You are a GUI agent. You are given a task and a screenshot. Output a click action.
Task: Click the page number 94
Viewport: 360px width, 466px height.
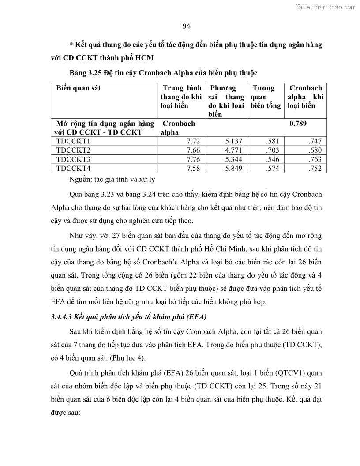[186, 26]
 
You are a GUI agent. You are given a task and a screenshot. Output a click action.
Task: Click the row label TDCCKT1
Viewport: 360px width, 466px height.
[73, 141]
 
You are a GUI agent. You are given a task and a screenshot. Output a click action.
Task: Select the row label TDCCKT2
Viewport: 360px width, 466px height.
[73, 150]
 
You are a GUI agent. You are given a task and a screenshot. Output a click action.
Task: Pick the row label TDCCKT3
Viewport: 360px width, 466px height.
[73, 159]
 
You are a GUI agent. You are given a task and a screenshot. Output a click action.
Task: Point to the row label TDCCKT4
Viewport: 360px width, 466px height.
[73, 169]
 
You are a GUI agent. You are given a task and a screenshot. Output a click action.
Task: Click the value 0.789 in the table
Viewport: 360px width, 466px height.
[298, 124]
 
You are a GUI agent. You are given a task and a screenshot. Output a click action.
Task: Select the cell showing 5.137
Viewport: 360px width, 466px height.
[234, 141]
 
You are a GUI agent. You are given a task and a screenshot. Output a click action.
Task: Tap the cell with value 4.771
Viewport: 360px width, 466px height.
[234, 150]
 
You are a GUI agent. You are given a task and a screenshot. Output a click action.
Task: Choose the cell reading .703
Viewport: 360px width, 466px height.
[273, 150]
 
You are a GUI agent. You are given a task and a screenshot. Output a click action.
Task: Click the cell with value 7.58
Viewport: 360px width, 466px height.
[194, 169]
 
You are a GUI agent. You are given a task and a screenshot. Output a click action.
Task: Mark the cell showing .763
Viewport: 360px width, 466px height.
[315, 159]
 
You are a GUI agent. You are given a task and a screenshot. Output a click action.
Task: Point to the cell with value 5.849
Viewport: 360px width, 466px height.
[234, 169]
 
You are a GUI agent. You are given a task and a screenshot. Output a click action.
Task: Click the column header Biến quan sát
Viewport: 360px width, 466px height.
[79, 88]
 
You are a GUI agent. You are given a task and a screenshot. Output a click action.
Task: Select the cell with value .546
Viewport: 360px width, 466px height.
[273, 159]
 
